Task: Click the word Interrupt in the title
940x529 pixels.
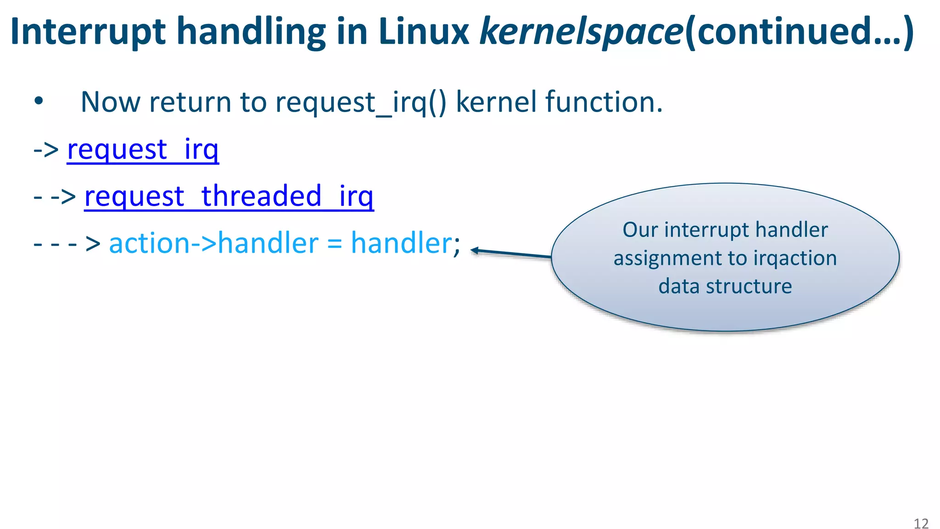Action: [x=88, y=32]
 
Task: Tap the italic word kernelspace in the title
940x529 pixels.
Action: [x=581, y=32]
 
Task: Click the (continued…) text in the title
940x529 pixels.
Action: [x=799, y=32]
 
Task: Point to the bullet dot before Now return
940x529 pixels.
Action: [x=39, y=101]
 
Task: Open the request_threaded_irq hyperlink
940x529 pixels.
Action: [x=229, y=196]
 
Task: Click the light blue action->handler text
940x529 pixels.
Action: [x=213, y=243]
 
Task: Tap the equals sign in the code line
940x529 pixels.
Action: [x=335, y=244]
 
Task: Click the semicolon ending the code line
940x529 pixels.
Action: [x=457, y=246]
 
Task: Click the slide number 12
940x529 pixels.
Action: [x=921, y=523]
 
